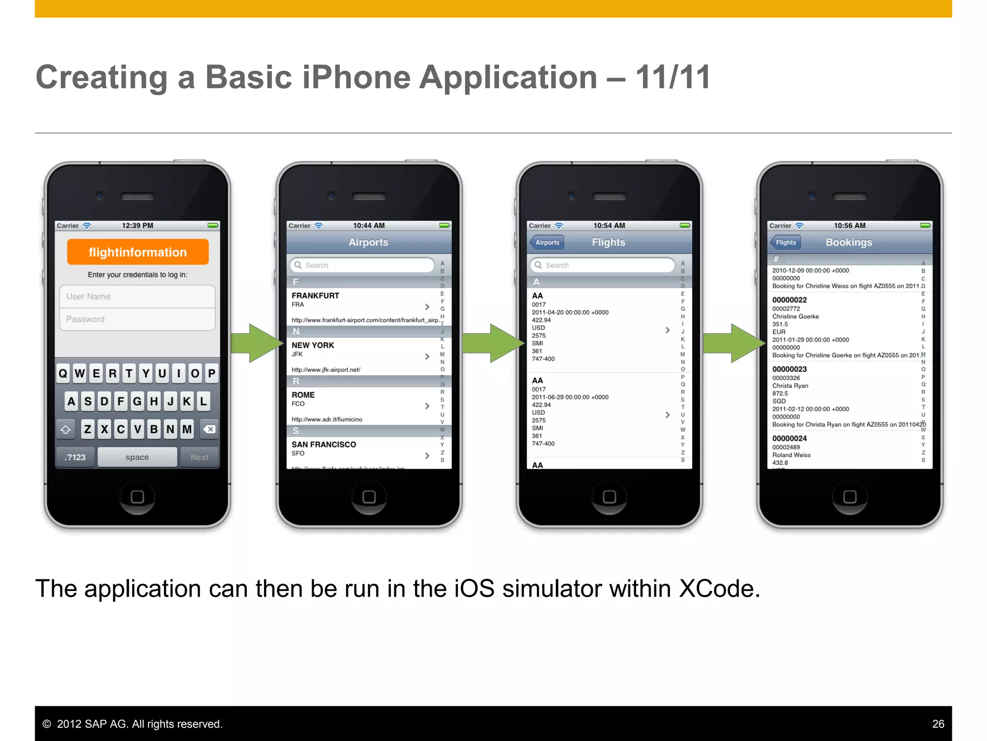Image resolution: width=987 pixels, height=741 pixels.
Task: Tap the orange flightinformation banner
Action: pos(137,252)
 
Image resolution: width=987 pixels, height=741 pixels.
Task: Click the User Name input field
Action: pos(137,296)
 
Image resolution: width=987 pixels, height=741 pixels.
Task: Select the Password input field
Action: pos(137,319)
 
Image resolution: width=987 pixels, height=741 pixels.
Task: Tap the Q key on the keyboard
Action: pos(63,373)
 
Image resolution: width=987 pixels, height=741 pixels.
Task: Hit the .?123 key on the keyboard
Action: pos(75,457)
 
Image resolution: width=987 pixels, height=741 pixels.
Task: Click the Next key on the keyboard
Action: pos(200,457)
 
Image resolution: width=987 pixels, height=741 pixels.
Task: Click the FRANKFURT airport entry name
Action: pos(315,295)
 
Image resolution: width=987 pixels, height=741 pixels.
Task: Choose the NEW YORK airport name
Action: pos(313,345)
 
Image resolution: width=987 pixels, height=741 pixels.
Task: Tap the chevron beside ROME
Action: pos(427,406)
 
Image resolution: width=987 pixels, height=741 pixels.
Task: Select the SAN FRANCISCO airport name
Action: pos(324,444)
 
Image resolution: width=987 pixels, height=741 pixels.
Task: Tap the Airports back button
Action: pos(547,242)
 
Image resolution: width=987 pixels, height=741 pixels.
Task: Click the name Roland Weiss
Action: pos(791,455)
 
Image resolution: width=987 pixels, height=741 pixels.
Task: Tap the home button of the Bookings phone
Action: pos(850,496)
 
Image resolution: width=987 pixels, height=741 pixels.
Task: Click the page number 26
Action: pos(938,724)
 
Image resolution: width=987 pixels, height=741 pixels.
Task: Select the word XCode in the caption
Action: pos(719,589)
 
